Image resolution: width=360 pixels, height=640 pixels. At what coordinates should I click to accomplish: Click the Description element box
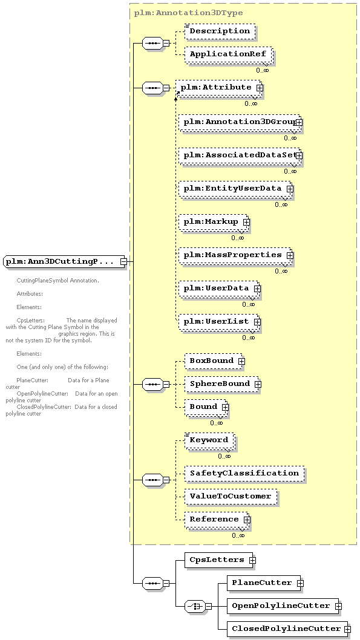[220, 31]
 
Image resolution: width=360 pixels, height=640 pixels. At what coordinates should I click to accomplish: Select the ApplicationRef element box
[228, 54]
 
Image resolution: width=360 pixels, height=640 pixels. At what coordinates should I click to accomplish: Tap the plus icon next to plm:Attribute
[260, 88]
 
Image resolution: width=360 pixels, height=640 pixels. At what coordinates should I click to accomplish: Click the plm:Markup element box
[213, 222]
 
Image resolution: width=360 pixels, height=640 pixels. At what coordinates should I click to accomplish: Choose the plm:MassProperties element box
[235, 255]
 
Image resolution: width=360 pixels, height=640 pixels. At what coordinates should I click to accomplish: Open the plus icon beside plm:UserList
[257, 322]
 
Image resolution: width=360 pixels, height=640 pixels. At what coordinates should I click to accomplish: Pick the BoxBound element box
[214, 361]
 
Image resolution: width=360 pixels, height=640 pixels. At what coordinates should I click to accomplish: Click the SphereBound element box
[221, 384]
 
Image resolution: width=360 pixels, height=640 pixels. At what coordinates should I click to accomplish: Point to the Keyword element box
[209, 440]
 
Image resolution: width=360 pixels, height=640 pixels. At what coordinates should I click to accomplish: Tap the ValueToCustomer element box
[231, 496]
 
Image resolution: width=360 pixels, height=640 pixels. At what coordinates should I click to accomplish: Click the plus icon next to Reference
[247, 520]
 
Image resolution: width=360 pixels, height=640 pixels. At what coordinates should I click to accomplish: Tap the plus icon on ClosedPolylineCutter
[347, 629]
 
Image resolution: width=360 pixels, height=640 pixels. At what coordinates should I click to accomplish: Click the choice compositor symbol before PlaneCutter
[195, 606]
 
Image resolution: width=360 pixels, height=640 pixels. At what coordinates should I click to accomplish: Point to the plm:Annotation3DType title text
[189, 13]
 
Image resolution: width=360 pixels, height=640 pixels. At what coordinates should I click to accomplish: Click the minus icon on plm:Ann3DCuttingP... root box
[123, 262]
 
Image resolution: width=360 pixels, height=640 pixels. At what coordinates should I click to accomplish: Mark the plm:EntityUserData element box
[235, 189]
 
